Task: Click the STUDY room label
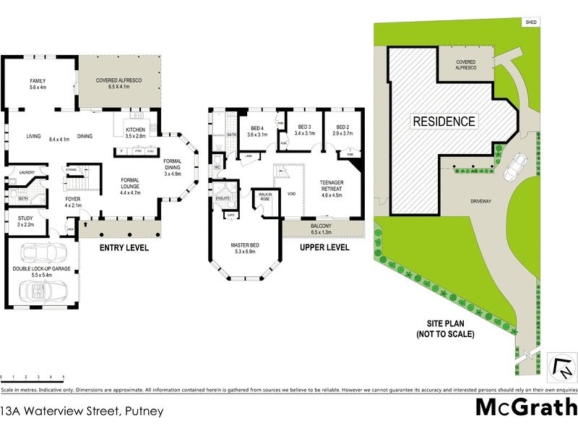(26, 218)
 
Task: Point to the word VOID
(292, 194)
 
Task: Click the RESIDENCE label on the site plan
(444, 122)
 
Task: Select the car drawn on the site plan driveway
(516, 167)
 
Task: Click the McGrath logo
(525, 407)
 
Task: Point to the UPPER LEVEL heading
(324, 247)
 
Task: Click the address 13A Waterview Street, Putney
(82, 412)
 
